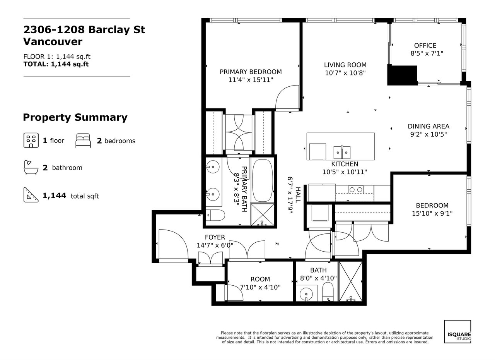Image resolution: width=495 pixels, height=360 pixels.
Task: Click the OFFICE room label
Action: (425, 46)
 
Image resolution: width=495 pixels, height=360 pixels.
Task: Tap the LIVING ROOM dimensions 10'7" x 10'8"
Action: (345, 73)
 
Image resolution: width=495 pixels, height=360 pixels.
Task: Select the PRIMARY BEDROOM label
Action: (251, 72)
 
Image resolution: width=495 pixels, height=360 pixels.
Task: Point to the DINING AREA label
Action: (428, 126)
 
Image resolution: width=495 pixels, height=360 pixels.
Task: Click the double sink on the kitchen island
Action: (342, 152)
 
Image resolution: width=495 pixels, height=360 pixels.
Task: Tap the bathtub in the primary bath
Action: (262, 180)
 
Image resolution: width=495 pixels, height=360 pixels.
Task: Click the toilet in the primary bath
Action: (215, 215)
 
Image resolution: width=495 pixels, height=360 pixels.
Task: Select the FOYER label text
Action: (215, 237)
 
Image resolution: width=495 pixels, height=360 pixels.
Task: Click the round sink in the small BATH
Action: (306, 294)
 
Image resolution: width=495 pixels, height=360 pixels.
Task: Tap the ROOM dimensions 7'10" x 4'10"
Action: (260, 287)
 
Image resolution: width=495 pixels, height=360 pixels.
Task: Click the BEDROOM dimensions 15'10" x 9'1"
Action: (432, 214)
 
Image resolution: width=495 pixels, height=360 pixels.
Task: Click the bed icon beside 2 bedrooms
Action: (83, 141)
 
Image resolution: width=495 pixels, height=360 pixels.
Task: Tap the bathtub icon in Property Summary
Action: (31, 167)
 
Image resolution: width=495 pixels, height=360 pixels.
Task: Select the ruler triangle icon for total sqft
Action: (31, 195)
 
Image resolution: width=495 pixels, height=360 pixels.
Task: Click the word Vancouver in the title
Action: (53, 42)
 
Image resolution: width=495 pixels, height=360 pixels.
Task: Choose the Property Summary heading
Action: (75, 117)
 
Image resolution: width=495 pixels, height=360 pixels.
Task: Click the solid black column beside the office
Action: (402, 75)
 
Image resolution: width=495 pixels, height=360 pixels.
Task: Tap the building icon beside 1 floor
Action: (31, 140)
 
